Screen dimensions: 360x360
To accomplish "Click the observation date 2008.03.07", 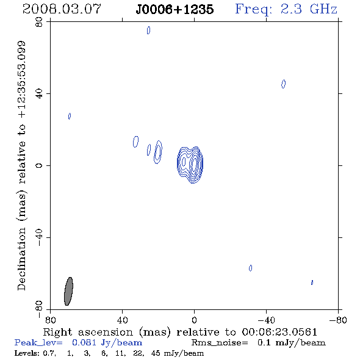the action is click(x=62, y=9).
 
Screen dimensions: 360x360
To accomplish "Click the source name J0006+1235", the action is click(x=175, y=9).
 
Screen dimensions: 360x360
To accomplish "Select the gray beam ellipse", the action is click(x=68, y=291).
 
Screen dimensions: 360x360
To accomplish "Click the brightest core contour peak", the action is click(x=194, y=164).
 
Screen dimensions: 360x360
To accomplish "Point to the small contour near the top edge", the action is click(x=148, y=30).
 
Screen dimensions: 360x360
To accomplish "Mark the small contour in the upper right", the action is click(x=284, y=84).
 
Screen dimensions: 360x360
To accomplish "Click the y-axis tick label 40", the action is click(x=39, y=94).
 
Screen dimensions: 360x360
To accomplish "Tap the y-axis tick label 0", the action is click(x=39, y=165).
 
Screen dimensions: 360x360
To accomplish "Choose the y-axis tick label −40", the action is click(x=39, y=237).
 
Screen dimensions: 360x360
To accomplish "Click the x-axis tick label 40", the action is click(x=122, y=320).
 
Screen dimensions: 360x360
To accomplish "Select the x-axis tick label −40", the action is click(x=266, y=320).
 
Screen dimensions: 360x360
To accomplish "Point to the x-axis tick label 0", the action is click(x=194, y=320).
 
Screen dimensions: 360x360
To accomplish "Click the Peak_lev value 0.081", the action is click(x=84, y=342).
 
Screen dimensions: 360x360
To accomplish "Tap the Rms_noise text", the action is click(x=220, y=343).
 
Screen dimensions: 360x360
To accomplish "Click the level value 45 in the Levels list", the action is click(x=156, y=353).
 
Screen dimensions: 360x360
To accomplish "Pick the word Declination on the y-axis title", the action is click(x=21, y=259).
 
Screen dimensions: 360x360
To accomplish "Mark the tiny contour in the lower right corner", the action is click(x=312, y=283).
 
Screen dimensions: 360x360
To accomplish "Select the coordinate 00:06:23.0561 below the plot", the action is click(x=279, y=332).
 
